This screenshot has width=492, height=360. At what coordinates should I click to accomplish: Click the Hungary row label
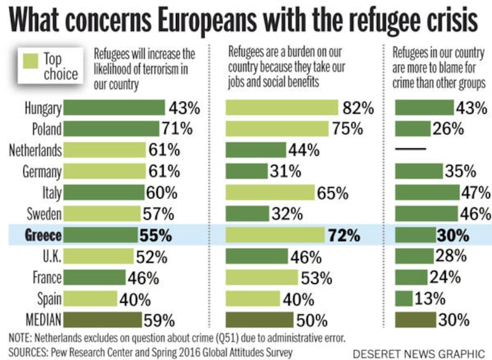43,108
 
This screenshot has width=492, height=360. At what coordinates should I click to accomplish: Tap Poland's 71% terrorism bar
111,129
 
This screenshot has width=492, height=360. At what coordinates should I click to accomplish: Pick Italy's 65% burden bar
270,192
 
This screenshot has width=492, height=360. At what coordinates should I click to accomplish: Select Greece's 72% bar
274,234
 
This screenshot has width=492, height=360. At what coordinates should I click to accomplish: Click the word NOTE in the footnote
23,338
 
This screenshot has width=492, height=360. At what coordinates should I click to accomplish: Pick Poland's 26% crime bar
412,129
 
